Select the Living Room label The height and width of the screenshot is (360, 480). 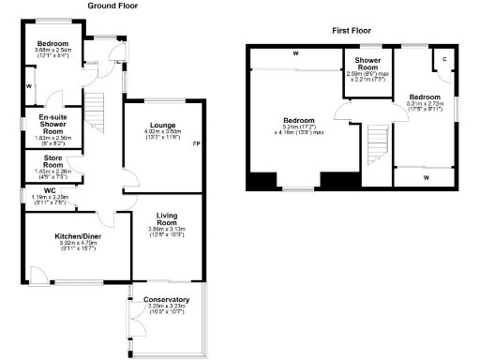click(161, 222)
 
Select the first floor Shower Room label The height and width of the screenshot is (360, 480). click(366, 65)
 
